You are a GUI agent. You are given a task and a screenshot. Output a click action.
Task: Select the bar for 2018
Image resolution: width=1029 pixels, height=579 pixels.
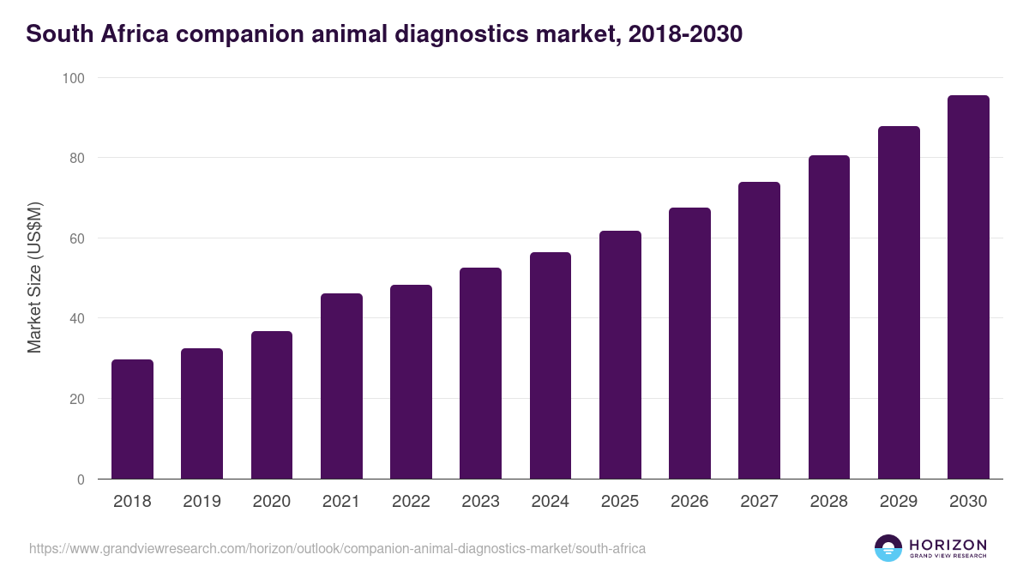tap(132, 419)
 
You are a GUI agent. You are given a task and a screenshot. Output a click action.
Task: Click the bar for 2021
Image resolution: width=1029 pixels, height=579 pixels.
tap(341, 386)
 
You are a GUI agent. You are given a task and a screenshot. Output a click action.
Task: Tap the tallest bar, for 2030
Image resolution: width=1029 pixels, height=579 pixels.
tap(968, 287)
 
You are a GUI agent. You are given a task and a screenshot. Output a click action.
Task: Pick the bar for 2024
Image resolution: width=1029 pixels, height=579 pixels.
tap(551, 365)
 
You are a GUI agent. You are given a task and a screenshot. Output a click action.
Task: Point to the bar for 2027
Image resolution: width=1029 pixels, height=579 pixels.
tap(759, 330)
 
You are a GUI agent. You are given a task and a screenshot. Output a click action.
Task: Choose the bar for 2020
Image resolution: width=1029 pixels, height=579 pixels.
tap(272, 405)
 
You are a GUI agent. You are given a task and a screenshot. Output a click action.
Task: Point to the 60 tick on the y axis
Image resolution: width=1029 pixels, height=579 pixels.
tap(76, 238)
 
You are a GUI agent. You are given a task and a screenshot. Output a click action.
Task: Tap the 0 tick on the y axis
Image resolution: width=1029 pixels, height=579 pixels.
tap(80, 479)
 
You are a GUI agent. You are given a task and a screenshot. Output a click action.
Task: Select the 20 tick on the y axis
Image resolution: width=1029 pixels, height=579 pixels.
tap(76, 399)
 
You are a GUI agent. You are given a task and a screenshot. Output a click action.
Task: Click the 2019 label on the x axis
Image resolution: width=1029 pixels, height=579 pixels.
tap(202, 502)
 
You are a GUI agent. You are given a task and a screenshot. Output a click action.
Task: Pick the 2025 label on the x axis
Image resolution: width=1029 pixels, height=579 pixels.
tap(620, 502)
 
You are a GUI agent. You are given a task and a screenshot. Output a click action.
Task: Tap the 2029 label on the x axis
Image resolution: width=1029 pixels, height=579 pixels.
tap(899, 502)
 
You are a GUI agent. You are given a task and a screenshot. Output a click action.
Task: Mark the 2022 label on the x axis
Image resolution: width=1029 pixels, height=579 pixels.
tap(411, 502)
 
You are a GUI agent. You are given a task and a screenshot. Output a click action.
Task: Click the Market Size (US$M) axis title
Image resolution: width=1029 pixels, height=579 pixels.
tap(34, 278)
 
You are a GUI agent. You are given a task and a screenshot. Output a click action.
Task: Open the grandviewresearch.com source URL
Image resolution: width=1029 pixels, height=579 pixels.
tap(337, 548)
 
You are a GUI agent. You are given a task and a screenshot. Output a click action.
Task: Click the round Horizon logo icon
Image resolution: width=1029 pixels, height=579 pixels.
tap(888, 548)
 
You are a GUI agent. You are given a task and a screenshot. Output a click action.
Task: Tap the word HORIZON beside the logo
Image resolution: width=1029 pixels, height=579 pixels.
tap(948, 544)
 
